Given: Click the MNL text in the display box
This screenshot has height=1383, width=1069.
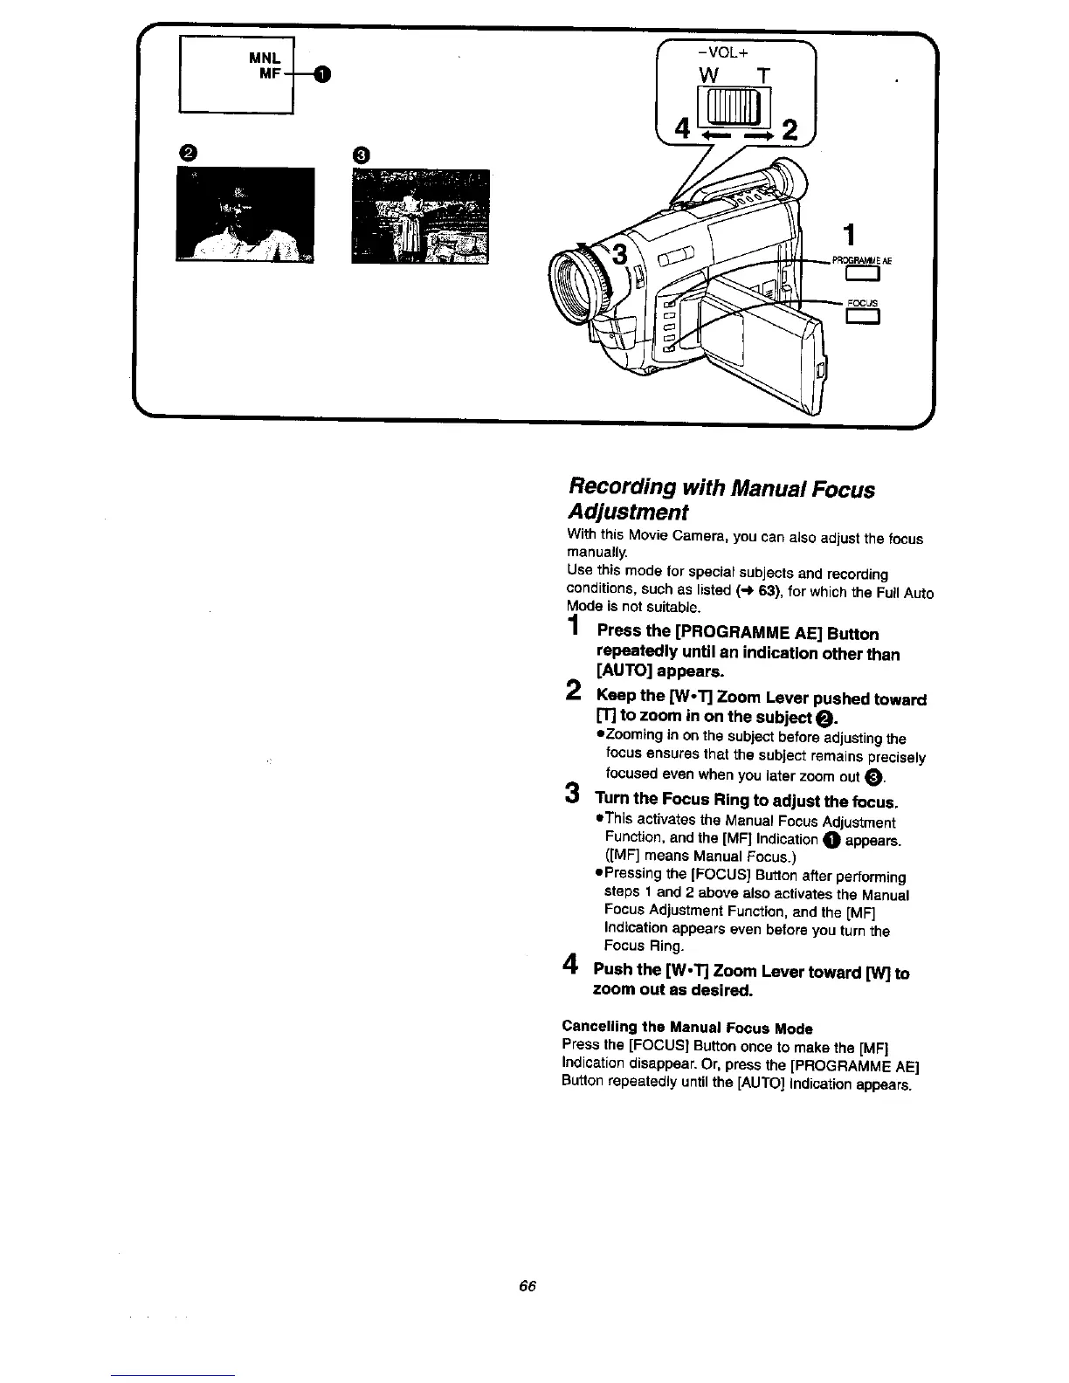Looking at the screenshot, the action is click(x=263, y=58).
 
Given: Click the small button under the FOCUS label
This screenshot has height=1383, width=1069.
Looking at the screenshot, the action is click(x=862, y=317).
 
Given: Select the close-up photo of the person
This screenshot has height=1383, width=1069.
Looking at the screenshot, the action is click(x=245, y=214).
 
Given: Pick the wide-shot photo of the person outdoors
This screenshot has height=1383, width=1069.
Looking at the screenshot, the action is click(x=420, y=216).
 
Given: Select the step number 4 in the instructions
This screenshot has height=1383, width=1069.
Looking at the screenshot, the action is click(x=572, y=965).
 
